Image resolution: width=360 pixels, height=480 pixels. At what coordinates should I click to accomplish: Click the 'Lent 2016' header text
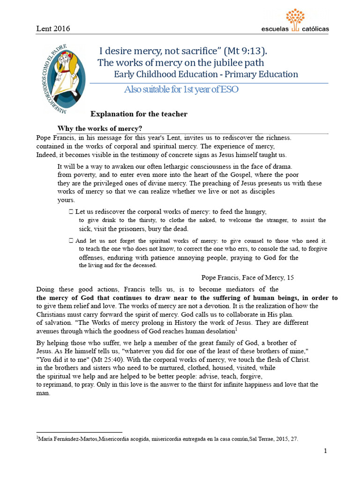click(53, 29)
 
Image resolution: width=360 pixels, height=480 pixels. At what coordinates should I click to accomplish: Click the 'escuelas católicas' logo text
click(295, 29)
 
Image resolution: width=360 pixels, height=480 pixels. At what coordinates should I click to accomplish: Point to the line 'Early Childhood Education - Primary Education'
click(206, 74)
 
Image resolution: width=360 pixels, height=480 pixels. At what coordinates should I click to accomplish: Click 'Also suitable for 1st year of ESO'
click(181, 90)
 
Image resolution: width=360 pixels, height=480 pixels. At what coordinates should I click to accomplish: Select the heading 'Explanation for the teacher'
click(139, 114)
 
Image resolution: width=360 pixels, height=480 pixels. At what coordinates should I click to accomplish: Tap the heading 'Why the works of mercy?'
click(99, 128)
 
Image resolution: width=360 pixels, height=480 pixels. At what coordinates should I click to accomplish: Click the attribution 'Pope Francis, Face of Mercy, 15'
click(247, 277)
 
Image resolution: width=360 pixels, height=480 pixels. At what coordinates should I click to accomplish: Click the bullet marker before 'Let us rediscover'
click(71, 212)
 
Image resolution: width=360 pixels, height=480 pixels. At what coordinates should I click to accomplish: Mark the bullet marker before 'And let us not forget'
click(71, 240)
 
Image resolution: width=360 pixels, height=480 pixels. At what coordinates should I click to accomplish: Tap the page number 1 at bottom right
click(325, 451)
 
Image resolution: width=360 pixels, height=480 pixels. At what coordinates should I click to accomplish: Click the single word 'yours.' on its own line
click(66, 200)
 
